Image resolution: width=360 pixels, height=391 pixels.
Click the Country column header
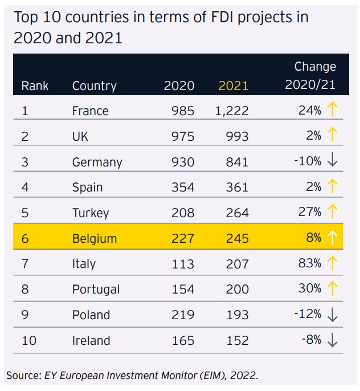[x=94, y=86]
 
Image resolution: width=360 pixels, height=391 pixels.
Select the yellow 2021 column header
[x=234, y=86]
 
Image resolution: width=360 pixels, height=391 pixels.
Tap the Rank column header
[x=35, y=86]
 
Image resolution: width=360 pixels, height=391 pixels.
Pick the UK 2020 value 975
[x=183, y=136]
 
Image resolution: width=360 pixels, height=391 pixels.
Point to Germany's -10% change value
[x=308, y=161]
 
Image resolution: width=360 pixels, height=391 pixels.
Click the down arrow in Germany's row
[x=333, y=161]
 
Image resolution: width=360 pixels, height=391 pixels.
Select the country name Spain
[x=87, y=188]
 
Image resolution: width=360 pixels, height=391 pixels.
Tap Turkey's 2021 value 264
[x=236, y=213]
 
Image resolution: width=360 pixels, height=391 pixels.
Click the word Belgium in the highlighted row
[x=94, y=238]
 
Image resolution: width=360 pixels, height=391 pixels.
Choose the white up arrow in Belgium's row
[x=333, y=238]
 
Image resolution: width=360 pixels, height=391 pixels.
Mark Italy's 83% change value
[x=309, y=263]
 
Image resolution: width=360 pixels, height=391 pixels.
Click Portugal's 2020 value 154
[x=183, y=289]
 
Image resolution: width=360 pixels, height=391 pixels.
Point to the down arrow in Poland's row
[x=333, y=315]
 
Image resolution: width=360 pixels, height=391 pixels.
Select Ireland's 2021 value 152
[x=236, y=340]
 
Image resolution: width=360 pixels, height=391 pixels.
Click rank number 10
[x=29, y=340]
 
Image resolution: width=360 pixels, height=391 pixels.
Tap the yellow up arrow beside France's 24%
[x=333, y=110]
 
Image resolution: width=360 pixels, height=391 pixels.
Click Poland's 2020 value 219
[x=183, y=315]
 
